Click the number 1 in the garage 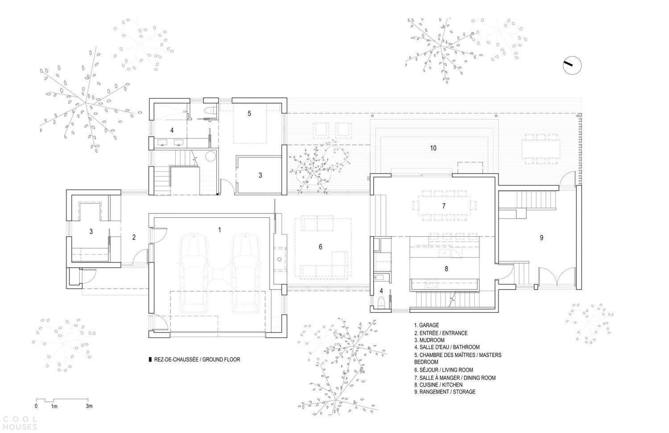tap(219, 230)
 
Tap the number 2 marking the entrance tap(134, 237)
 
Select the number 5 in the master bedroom tap(249, 113)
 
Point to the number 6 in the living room tap(321, 247)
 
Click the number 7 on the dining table tap(444, 206)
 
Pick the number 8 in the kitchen tap(446, 269)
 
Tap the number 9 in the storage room tap(541, 238)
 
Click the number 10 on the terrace tap(433, 148)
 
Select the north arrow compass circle tap(572, 66)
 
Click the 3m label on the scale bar tap(89, 406)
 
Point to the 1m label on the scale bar tap(54, 406)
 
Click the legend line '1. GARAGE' tap(426, 325)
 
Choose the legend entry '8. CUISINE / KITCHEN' tap(438, 385)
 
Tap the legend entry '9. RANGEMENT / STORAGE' tap(445, 392)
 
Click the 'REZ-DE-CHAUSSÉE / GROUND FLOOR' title tap(197, 359)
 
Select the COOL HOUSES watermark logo tap(19, 423)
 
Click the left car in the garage tap(194, 274)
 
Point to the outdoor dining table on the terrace tap(541, 149)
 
